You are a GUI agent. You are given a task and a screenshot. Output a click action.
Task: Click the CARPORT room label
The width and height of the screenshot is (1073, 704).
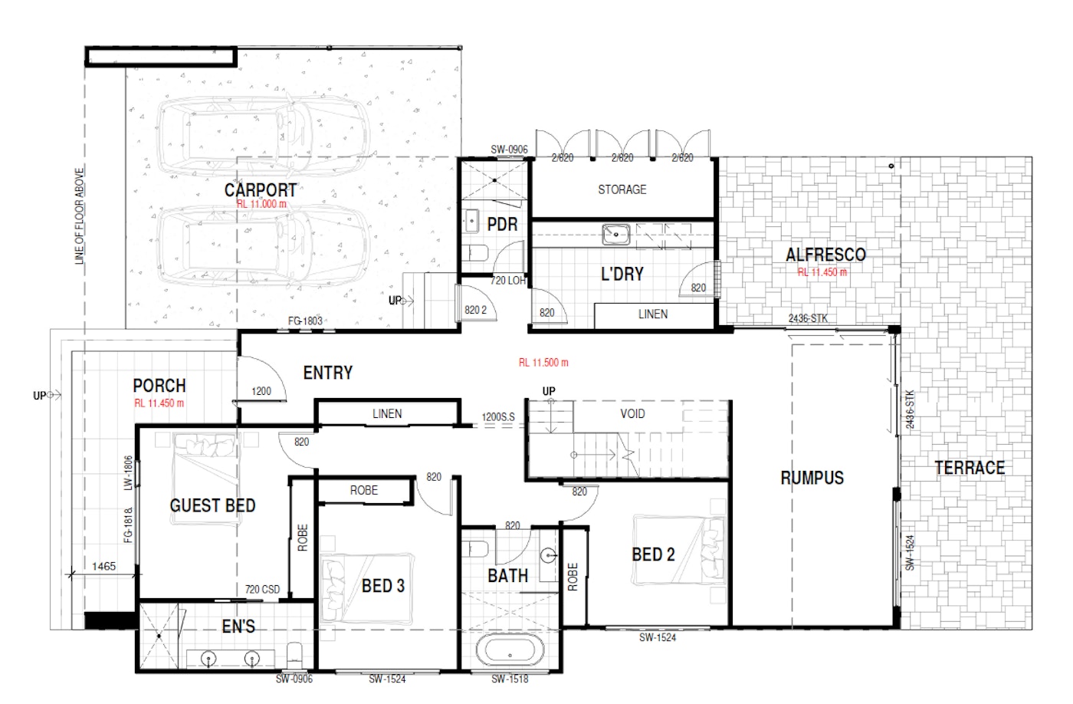click(x=261, y=190)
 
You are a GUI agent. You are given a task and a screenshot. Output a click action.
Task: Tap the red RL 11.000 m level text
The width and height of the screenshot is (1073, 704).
click(x=261, y=204)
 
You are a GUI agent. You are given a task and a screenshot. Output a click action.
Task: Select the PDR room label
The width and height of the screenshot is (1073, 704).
click(x=502, y=224)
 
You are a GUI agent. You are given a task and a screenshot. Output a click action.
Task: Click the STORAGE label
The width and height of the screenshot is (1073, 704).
click(x=622, y=189)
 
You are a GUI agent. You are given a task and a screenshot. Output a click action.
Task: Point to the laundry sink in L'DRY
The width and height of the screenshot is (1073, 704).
click(x=616, y=235)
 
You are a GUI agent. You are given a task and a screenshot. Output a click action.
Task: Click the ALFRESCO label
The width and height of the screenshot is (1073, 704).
click(x=826, y=255)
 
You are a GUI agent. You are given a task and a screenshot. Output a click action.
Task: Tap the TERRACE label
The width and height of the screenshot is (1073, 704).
click(x=970, y=468)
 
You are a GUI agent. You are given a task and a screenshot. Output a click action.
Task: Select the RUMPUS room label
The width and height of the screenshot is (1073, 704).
click(x=812, y=478)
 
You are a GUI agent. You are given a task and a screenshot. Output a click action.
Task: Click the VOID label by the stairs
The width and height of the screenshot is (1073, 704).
click(x=632, y=413)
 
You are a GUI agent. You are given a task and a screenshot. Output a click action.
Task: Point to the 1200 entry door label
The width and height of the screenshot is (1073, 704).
click(x=261, y=391)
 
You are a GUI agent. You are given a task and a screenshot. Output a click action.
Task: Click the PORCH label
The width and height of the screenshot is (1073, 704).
click(x=159, y=386)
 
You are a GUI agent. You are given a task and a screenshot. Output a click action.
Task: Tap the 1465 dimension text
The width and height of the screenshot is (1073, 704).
click(x=103, y=567)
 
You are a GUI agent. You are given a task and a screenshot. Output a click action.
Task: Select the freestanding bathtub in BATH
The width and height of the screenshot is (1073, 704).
click(x=510, y=650)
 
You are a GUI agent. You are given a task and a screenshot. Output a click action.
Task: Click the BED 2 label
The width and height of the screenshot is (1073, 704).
click(x=653, y=554)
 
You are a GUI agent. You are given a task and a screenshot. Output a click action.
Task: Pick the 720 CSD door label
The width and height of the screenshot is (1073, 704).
click(x=262, y=590)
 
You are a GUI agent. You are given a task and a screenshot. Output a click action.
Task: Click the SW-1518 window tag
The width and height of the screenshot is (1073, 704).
click(x=510, y=679)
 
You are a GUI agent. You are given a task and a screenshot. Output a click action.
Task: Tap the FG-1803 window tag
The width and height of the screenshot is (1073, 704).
click(x=305, y=321)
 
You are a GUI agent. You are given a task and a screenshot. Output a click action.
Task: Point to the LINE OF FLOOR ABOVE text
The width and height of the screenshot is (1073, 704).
click(x=80, y=216)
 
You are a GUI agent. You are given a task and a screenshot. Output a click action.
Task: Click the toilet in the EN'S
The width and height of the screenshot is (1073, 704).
click(x=294, y=655)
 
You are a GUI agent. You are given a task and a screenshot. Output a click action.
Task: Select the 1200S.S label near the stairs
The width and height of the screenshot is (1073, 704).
click(x=498, y=417)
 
